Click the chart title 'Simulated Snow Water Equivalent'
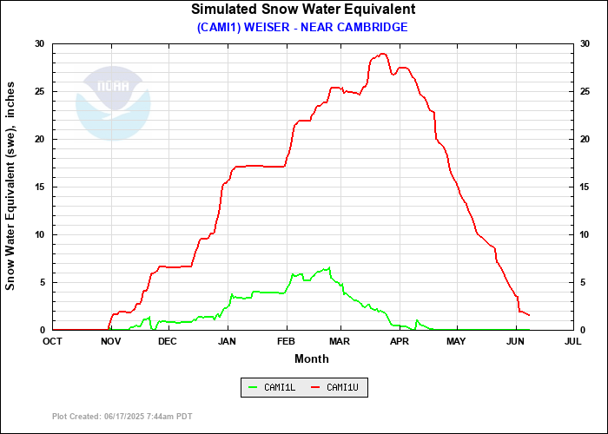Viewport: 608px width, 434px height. pos(303,10)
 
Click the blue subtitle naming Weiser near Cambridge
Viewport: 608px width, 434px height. pos(303,27)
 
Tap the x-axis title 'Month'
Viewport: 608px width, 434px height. pos(312,358)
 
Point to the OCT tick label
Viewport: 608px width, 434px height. pos(52,341)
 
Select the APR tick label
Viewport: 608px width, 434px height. pos(400,341)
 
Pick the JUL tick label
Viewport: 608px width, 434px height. pos(573,341)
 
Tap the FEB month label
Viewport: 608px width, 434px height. pos(286,341)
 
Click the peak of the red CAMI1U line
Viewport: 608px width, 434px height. pos(382,54)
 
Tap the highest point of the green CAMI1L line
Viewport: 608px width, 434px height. pos(328,267)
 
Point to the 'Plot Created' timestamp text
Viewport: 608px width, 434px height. pos(122,417)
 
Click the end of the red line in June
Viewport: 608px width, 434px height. pos(529,315)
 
